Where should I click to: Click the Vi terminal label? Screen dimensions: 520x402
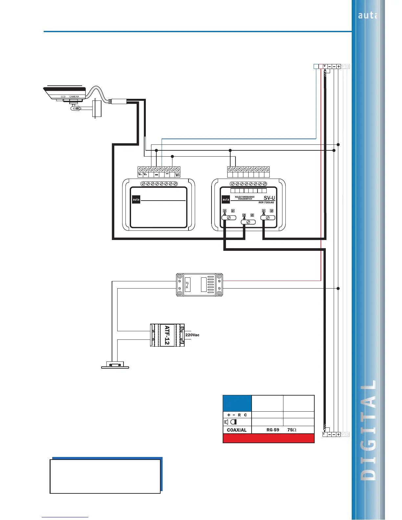[x=177, y=175]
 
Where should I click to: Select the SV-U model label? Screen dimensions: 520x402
[x=269, y=198]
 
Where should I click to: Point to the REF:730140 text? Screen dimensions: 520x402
[x=266, y=203]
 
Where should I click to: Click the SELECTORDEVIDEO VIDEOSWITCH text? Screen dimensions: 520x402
[x=245, y=198]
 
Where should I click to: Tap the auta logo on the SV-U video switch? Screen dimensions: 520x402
[x=226, y=199]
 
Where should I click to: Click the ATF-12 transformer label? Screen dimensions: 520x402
[x=167, y=335]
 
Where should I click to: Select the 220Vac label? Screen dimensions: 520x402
[x=192, y=335]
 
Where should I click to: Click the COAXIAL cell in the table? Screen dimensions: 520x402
[x=236, y=430]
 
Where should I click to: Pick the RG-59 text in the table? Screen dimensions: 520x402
[x=273, y=430]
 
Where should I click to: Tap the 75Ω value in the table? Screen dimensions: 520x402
[x=292, y=430]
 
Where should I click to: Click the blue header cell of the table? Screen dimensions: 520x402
[x=237, y=403]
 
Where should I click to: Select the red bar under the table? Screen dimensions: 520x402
[x=268, y=438]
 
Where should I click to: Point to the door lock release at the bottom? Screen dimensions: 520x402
[x=115, y=365]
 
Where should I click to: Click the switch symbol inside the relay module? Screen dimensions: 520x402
[x=187, y=284]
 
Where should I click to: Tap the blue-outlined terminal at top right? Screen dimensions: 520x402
[x=316, y=66]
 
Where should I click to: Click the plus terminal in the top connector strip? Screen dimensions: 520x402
[x=339, y=66]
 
